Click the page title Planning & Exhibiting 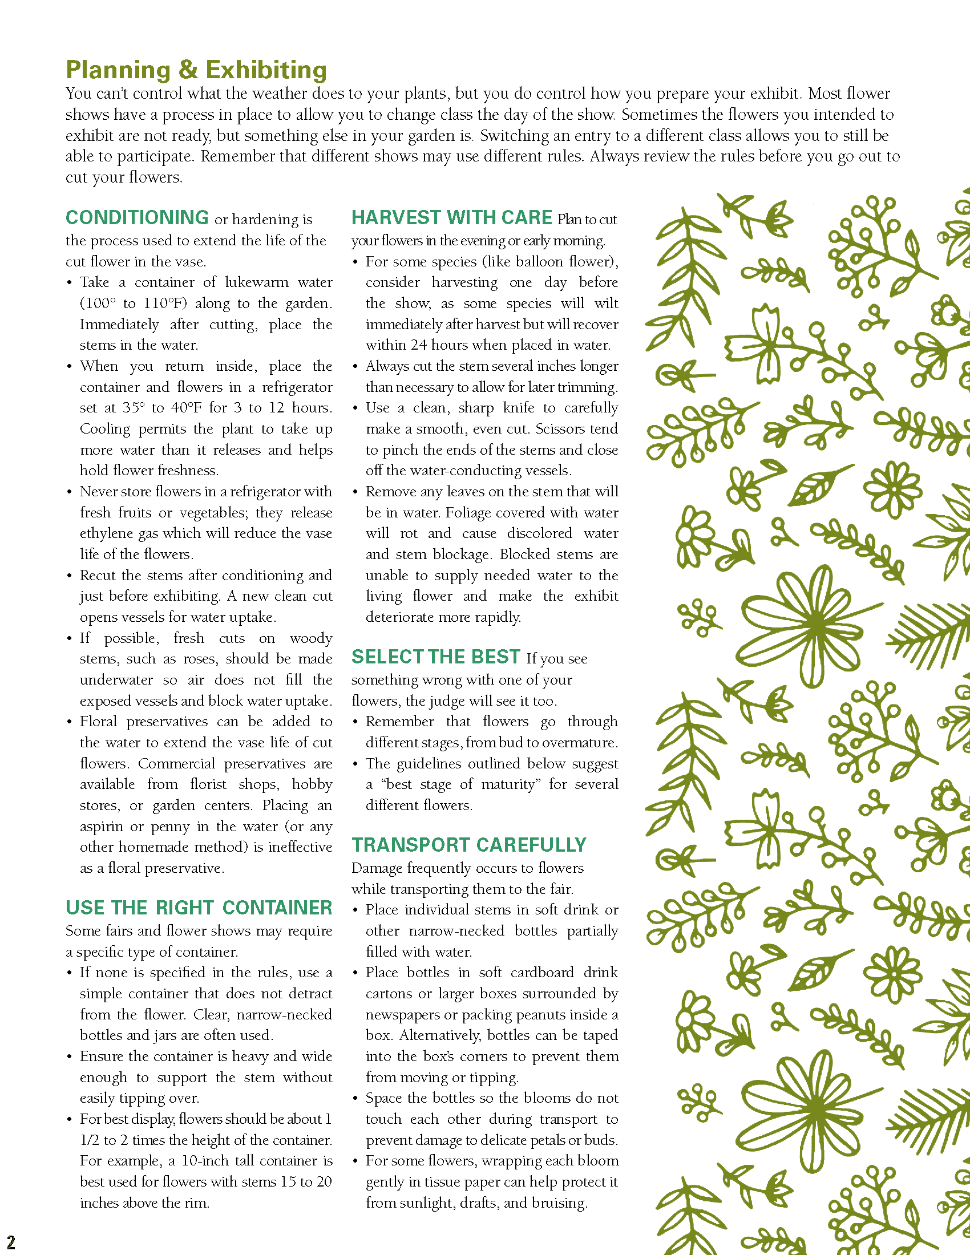tap(196, 70)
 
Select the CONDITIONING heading tap(137, 218)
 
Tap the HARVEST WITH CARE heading tap(452, 218)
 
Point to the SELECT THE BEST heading tap(435, 657)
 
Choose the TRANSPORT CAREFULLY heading tap(469, 845)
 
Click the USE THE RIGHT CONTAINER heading tap(199, 908)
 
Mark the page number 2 tap(10, 1241)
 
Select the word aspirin tap(101, 827)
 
